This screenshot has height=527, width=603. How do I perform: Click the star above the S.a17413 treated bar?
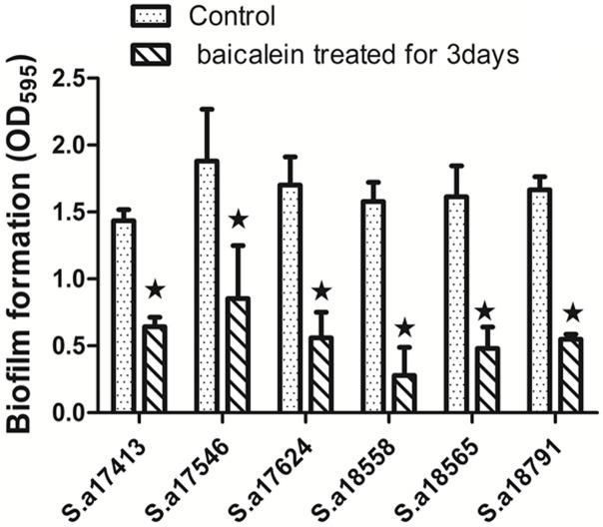point(155,289)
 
